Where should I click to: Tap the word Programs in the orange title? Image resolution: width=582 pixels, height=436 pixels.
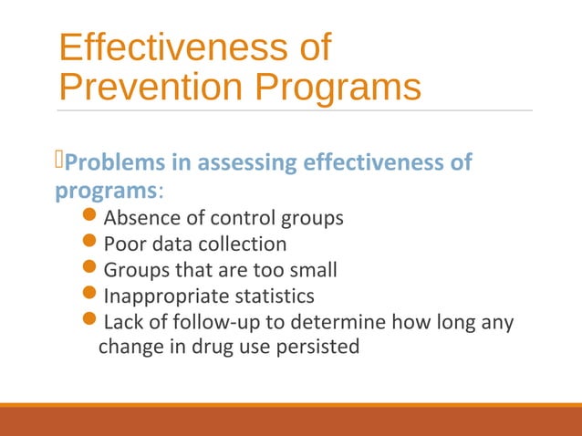[336, 88]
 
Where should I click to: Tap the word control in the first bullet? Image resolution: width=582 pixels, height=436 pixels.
[231, 219]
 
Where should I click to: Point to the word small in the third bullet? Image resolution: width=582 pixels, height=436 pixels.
[315, 271]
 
